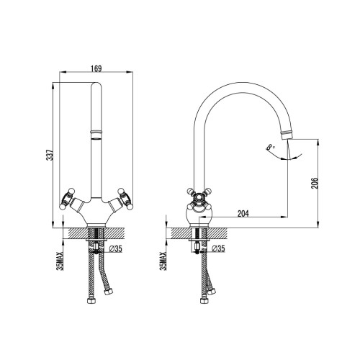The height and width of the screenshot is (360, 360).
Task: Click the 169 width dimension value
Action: [x=96, y=68]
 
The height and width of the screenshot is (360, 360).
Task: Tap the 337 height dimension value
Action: [x=50, y=155]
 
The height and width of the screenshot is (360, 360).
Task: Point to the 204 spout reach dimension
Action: [x=243, y=213]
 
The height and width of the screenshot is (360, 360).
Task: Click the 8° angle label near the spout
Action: [x=271, y=147]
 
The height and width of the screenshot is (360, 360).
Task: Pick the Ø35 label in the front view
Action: [x=115, y=249]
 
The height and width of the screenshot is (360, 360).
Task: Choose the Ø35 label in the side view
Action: [x=218, y=249]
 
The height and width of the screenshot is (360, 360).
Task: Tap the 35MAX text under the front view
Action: [x=60, y=261]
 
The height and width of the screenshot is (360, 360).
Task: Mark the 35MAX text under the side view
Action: [x=163, y=261]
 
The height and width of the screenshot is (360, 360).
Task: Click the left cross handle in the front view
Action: [x=67, y=199]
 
